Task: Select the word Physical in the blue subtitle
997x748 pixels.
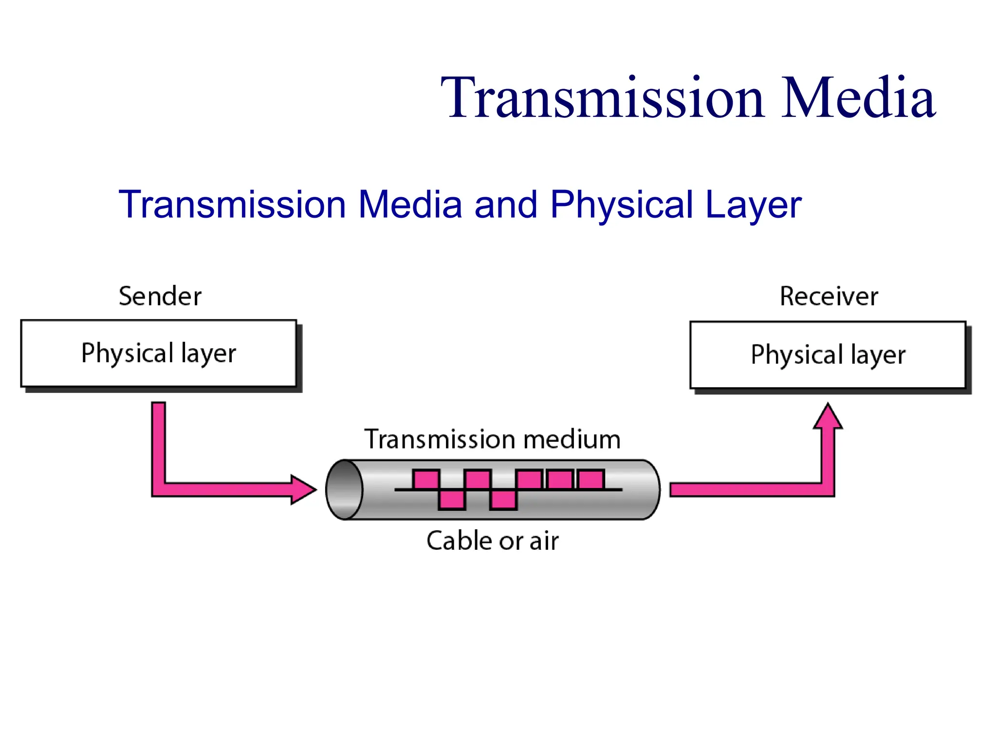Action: click(x=622, y=205)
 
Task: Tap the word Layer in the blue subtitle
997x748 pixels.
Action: click(x=753, y=205)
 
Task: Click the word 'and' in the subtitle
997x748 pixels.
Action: click(x=506, y=205)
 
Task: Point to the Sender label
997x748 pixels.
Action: click(x=160, y=296)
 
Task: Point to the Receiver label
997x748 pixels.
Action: click(x=829, y=296)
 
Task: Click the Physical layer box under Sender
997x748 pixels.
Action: click(x=159, y=354)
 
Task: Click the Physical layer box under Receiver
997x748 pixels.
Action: click(x=828, y=355)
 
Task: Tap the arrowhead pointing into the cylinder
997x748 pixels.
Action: click(x=303, y=489)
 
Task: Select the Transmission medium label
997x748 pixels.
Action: click(x=492, y=439)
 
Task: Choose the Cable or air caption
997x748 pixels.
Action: click(x=492, y=541)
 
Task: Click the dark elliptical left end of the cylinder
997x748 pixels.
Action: click(x=344, y=489)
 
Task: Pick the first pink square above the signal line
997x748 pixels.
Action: click(x=426, y=480)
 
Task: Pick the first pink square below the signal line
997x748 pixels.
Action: click(x=452, y=500)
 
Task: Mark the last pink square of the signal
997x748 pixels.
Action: click(x=591, y=480)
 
